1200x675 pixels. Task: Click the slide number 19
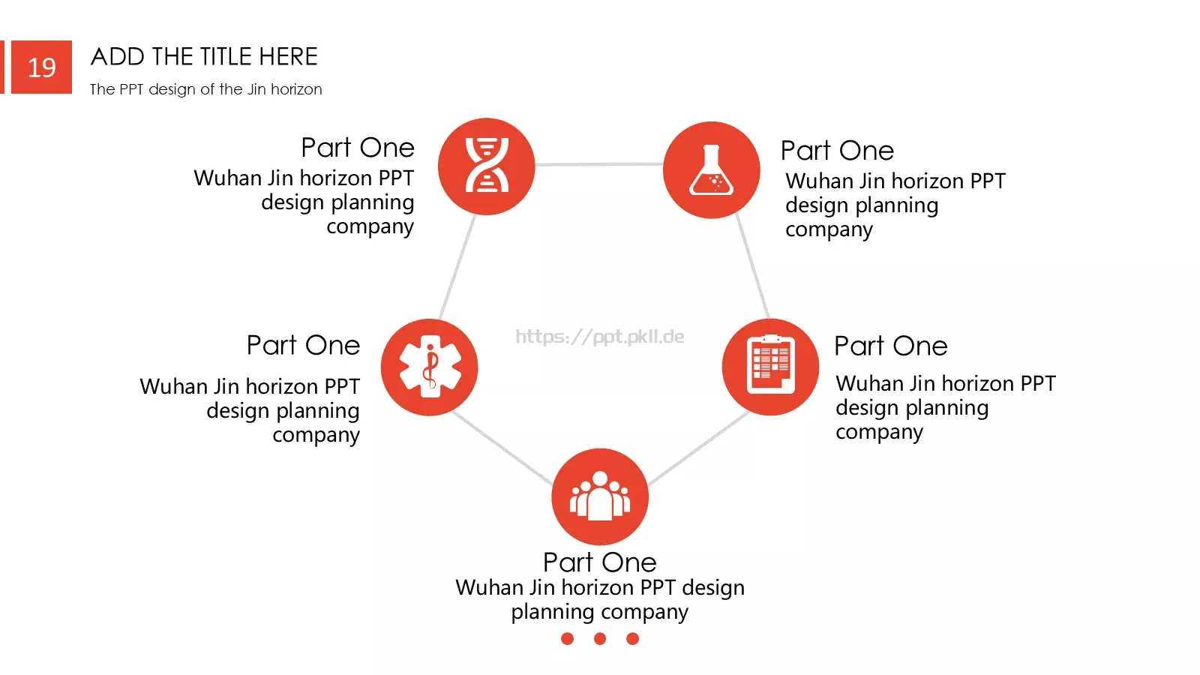(x=41, y=68)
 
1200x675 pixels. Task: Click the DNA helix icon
(x=487, y=165)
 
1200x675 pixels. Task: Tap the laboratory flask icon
(x=712, y=169)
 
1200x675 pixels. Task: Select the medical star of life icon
(x=430, y=367)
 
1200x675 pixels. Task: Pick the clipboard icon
(x=771, y=364)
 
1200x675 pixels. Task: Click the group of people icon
(x=600, y=496)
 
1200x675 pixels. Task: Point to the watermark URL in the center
(x=600, y=337)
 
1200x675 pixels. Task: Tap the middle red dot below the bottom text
(x=600, y=638)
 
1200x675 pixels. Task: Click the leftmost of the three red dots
(x=567, y=638)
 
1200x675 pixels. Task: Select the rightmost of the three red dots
(x=633, y=638)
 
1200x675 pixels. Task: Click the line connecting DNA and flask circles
(x=599, y=164)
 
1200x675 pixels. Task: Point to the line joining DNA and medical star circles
(x=457, y=267)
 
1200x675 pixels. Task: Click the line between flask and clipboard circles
(x=753, y=265)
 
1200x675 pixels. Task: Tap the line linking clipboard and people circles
(x=698, y=448)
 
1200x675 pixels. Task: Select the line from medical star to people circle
(x=502, y=448)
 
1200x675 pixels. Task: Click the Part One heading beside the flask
(x=837, y=151)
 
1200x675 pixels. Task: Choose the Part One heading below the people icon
(x=600, y=562)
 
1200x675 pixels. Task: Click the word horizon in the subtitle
(x=296, y=89)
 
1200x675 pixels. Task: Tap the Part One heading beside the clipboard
(x=891, y=346)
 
